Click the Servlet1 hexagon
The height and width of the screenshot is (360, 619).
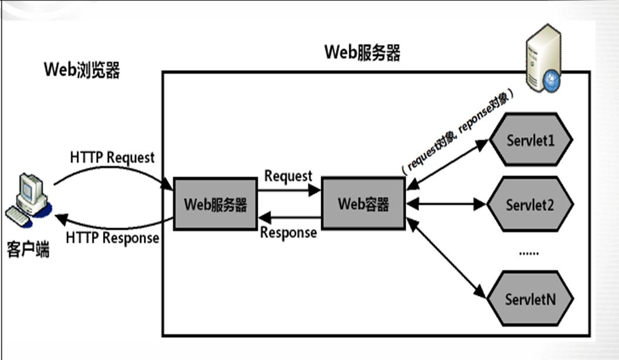[530, 141]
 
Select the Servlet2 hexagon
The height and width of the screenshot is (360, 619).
[530, 205]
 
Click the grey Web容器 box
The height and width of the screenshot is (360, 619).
[363, 204]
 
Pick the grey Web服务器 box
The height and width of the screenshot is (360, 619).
[215, 205]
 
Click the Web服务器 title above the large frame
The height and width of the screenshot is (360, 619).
[362, 53]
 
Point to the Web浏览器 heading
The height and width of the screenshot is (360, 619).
[82, 70]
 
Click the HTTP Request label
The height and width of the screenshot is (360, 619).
[112, 158]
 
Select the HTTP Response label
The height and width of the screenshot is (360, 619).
[112, 238]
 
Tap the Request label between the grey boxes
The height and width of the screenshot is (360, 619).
[288, 176]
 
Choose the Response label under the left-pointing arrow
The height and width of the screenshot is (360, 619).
[288, 233]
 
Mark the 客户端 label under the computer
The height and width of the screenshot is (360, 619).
[28, 249]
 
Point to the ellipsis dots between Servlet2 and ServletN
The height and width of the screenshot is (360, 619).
[529, 252]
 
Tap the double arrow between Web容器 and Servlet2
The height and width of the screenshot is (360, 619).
[447, 205]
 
